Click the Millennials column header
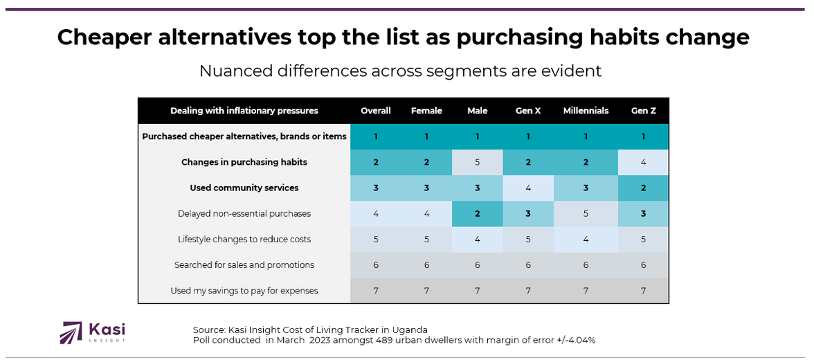click(x=586, y=111)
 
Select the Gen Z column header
click(x=643, y=111)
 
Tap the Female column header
click(x=426, y=111)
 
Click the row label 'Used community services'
click(x=244, y=188)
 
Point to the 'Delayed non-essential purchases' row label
click(x=244, y=214)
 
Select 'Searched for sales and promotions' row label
click(x=244, y=265)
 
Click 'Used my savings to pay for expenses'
click(x=244, y=291)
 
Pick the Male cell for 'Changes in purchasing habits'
click(x=478, y=162)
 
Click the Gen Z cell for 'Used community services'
click(x=643, y=188)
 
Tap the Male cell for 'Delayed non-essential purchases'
click(x=478, y=214)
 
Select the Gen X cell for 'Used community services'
click(x=528, y=188)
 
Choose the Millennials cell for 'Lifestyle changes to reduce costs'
click(x=586, y=240)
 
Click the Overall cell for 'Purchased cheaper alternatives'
click(x=376, y=136)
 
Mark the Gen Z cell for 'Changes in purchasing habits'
click(x=643, y=162)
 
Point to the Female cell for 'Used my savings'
click(x=426, y=291)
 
